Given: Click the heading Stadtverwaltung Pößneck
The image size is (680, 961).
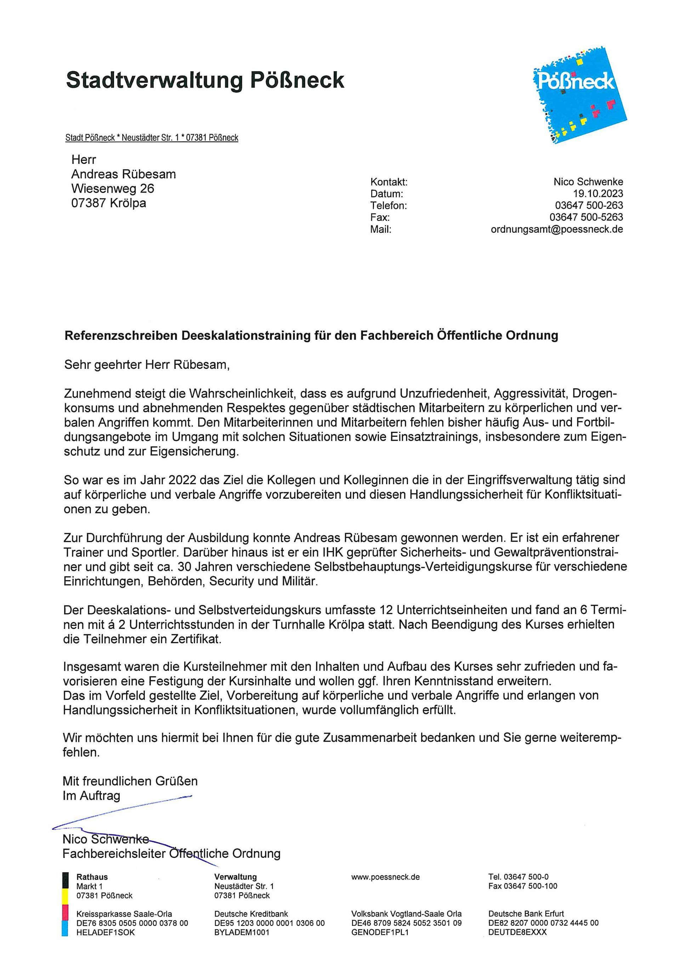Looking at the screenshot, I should coord(205,80).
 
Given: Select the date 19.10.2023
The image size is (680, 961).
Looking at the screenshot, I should coord(598,194).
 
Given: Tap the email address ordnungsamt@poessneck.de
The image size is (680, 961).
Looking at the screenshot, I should coord(557,229).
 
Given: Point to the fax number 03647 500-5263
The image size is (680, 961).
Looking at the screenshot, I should coord(586,217).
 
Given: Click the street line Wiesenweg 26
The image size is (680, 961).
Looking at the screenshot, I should coord(113,188).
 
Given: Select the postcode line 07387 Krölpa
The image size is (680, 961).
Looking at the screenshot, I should coord(109,203).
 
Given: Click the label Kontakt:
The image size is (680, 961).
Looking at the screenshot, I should coord(389,182).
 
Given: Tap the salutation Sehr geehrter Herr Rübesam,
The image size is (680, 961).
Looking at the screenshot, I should coord(147,365).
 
